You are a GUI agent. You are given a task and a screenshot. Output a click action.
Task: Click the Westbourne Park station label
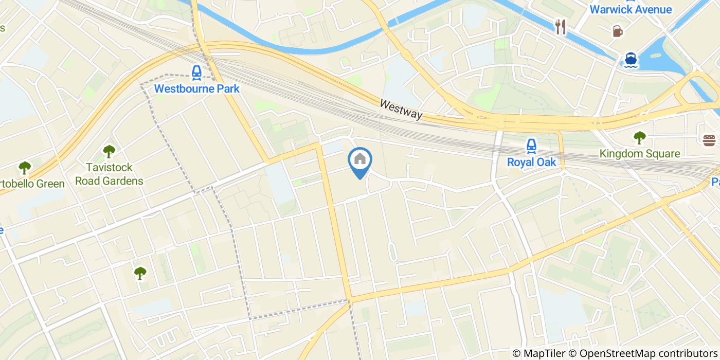click(x=196, y=88)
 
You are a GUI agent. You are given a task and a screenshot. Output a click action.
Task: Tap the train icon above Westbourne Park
click(x=196, y=73)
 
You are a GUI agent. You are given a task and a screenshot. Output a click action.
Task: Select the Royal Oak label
click(x=531, y=162)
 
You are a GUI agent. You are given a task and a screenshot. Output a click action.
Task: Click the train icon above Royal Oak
click(x=531, y=146)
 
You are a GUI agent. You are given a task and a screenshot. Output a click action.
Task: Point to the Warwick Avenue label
click(x=630, y=9)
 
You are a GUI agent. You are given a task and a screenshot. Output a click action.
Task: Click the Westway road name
click(x=401, y=110)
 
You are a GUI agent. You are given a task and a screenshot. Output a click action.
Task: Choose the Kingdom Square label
click(x=639, y=154)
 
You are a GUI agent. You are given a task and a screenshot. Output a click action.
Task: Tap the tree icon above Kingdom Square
click(x=639, y=137)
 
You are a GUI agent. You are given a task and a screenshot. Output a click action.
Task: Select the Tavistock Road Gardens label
click(x=109, y=174)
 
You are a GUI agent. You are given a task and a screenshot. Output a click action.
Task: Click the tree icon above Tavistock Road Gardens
click(x=109, y=151)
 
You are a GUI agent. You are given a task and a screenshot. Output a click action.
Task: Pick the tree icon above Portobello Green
click(x=24, y=168)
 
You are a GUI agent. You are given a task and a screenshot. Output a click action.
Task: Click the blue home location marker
click(x=360, y=161)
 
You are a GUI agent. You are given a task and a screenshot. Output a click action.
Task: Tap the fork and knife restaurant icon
click(x=560, y=27)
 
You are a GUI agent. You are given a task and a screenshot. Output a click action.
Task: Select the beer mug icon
click(x=617, y=31)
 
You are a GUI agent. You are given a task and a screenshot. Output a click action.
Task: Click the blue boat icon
click(x=631, y=60)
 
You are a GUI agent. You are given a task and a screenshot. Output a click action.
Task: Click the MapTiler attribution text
click(x=538, y=353)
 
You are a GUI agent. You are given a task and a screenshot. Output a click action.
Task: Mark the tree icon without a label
click(x=140, y=273)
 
